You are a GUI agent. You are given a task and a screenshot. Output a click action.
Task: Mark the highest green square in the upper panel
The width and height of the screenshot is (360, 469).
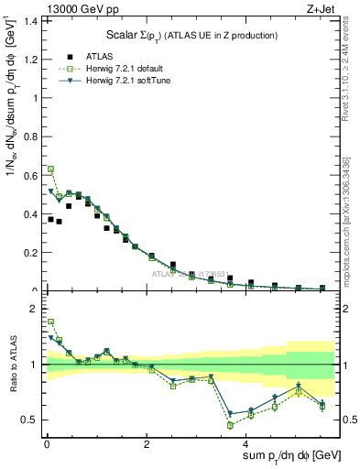[x=51, y=169]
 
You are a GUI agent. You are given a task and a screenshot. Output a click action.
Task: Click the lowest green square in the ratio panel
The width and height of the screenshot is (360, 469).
[x=230, y=425]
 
